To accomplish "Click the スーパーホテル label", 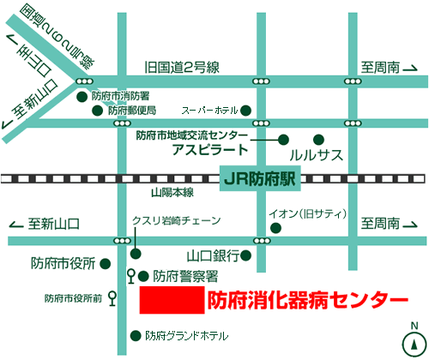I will tap(208, 110).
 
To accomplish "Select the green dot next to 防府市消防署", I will tap(82, 97).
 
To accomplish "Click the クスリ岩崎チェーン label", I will tap(176, 220).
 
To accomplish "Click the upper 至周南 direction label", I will tap(380, 66).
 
